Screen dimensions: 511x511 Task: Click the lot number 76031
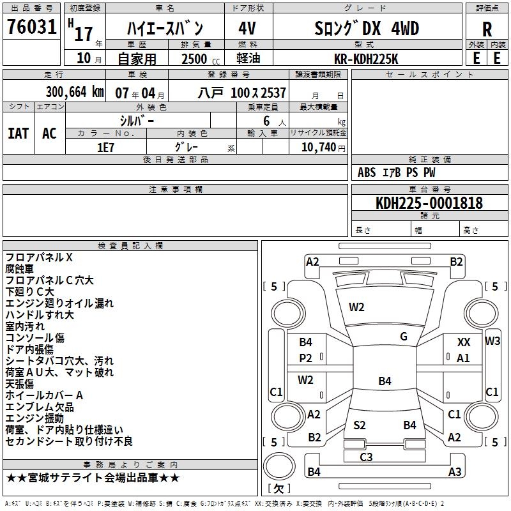[31, 28]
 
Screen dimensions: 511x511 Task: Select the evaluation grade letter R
[487, 29]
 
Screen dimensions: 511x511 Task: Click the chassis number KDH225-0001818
[429, 204]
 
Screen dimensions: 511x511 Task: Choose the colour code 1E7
[105, 146]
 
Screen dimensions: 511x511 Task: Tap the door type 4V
[247, 29]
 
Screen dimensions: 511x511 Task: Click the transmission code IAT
[18, 133]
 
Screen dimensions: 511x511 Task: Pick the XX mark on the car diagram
[464, 342]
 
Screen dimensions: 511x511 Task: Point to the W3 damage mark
[492, 340]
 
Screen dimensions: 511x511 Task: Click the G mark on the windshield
[404, 337]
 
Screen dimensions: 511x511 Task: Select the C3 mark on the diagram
[366, 457]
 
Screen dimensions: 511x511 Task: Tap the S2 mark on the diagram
[360, 425]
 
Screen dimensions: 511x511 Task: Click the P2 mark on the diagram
[306, 358]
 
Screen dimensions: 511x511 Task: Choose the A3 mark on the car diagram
[455, 472]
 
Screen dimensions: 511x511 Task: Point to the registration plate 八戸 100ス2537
[241, 93]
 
